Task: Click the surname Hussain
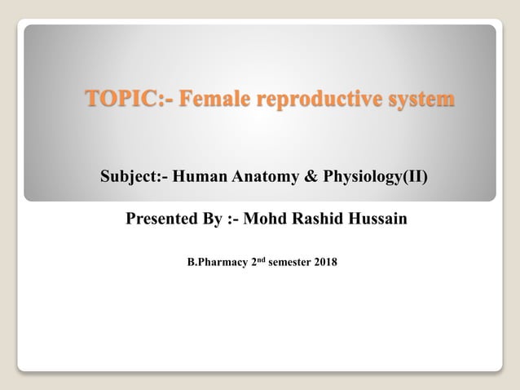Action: coord(379,219)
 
